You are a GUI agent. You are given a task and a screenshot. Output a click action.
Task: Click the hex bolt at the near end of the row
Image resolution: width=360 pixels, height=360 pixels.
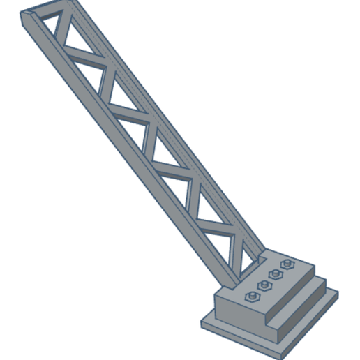click(253, 297)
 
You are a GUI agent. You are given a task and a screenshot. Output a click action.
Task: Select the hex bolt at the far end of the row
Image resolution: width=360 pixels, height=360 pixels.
click(286, 264)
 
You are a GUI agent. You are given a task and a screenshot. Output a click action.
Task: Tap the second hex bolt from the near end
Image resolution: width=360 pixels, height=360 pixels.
click(264, 285)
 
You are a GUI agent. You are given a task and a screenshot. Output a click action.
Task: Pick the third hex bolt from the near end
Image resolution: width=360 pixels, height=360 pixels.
click(275, 274)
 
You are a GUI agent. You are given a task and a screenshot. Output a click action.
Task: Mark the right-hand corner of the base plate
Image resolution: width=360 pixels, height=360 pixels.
click(338, 293)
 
